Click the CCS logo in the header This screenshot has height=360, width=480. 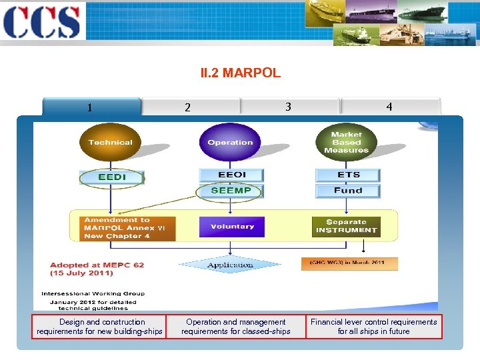(x=41, y=22)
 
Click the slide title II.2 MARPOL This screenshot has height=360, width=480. (x=240, y=73)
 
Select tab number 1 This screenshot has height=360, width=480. (x=91, y=107)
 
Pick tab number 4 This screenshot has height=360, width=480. (x=389, y=107)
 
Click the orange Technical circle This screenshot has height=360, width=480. (x=110, y=142)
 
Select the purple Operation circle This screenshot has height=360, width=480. (x=230, y=142)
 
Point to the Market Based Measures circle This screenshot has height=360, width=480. (x=346, y=142)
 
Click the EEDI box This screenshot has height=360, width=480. (x=111, y=177)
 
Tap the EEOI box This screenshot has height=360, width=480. (x=231, y=175)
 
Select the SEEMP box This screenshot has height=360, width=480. (x=231, y=191)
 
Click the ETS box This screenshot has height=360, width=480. (x=348, y=175)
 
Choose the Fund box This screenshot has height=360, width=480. (x=348, y=191)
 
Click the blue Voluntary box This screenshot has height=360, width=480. (x=231, y=227)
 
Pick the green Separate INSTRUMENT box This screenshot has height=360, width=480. (x=346, y=226)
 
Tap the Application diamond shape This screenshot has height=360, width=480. (x=230, y=265)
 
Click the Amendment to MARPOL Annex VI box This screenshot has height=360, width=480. (x=127, y=228)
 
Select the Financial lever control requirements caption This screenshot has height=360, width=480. (x=373, y=327)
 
